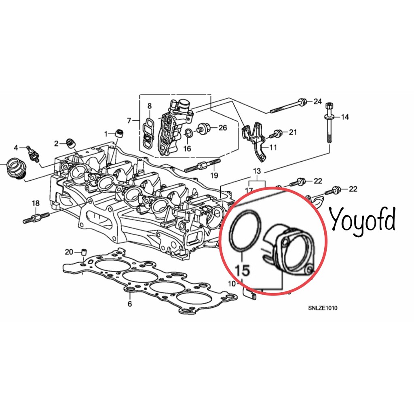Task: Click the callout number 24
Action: click(318, 101)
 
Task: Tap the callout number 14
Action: click(345, 117)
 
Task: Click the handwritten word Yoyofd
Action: click(363, 222)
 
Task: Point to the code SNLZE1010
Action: click(322, 308)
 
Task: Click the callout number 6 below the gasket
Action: click(130, 304)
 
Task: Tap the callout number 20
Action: click(69, 252)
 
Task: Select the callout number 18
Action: click(36, 203)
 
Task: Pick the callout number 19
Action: click(214, 175)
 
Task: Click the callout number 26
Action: click(223, 128)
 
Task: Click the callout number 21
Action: click(293, 132)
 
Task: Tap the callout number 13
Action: click(257, 171)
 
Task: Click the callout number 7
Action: click(129, 120)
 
